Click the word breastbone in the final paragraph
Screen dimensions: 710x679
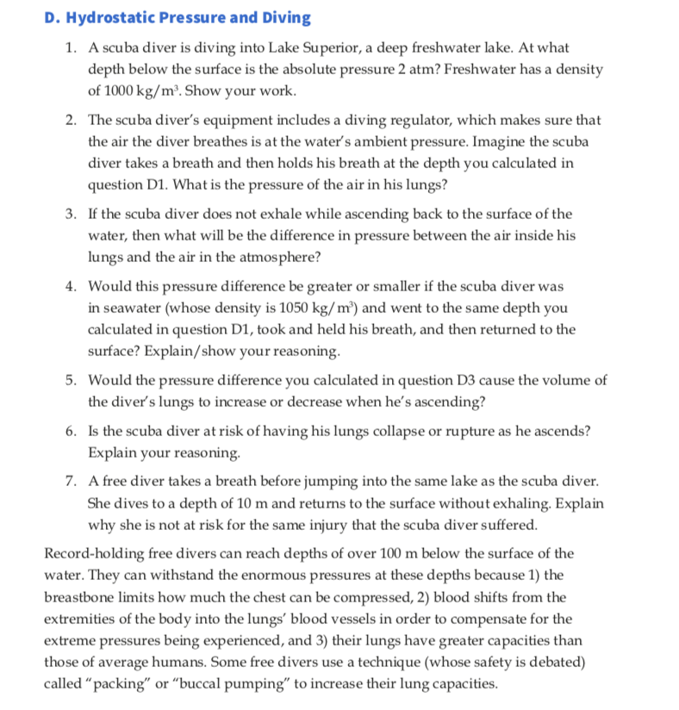tap(83, 597)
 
